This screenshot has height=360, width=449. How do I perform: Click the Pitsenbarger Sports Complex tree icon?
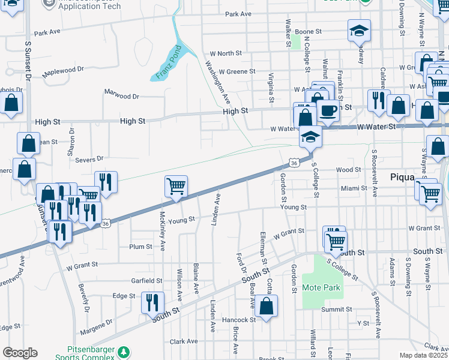[x=124, y=352]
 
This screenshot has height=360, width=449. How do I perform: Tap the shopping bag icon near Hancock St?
[x=267, y=305]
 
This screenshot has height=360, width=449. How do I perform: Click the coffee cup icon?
[x=328, y=111]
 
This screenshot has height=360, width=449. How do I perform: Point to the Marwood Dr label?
[x=121, y=95]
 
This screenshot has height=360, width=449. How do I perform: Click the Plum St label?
[x=140, y=247]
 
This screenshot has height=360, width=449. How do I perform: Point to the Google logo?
[x=20, y=353]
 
